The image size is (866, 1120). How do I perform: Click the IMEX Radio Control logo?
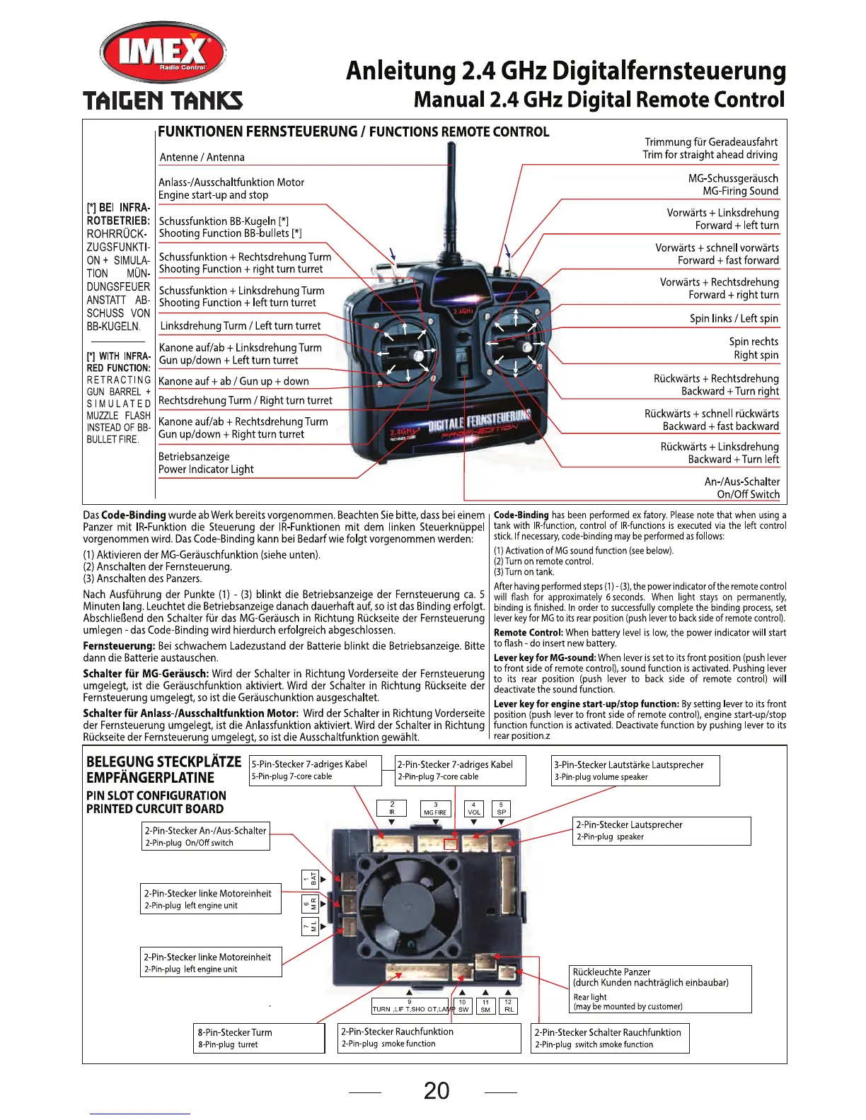(163, 53)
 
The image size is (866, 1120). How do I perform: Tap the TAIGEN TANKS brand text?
(163, 100)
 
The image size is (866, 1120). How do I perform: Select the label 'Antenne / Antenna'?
(202, 157)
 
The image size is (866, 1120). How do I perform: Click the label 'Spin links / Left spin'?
(734, 318)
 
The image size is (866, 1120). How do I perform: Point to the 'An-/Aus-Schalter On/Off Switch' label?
(742, 488)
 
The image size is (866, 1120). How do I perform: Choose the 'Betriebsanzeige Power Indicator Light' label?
(206, 463)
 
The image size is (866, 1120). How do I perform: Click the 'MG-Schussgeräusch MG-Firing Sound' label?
(733, 185)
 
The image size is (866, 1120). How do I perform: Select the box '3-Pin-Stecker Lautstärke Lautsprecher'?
(635, 770)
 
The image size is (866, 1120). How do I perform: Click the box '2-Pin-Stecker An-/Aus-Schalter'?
(206, 836)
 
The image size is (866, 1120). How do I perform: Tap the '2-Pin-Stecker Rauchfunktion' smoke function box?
(429, 1037)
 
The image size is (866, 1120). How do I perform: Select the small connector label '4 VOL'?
(473, 808)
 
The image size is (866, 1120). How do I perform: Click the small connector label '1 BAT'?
(311, 879)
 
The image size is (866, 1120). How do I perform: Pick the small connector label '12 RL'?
(508, 1005)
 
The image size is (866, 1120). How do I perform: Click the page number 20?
(437, 1091)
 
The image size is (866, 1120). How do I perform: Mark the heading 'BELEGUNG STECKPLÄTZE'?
(163, 762)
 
